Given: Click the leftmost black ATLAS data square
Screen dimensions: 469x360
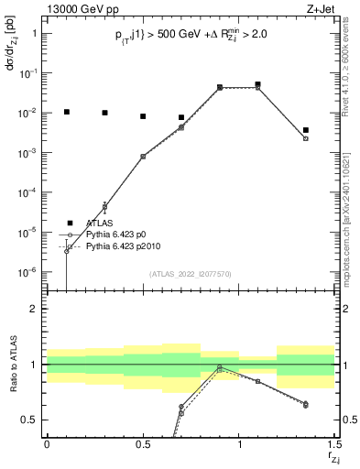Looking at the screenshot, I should pyautogui.click(x=66, y=112).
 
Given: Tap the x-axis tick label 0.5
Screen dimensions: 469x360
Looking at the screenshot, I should pyautogui.click(x=143, y=444).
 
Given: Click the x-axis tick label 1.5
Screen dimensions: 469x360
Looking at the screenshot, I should pyautogui.click(x=333, y=444).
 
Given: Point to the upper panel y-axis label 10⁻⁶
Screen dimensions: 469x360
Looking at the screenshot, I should pyautogui.click(x=27, y=272).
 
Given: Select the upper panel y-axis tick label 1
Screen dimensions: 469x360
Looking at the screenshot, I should pyautogui.click(x=35, y=33).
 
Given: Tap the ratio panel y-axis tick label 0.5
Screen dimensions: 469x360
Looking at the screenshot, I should pyautogui.click(x=29, y=420).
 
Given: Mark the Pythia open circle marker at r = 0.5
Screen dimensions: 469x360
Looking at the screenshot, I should pyautogui.click(x=143, y=157).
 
